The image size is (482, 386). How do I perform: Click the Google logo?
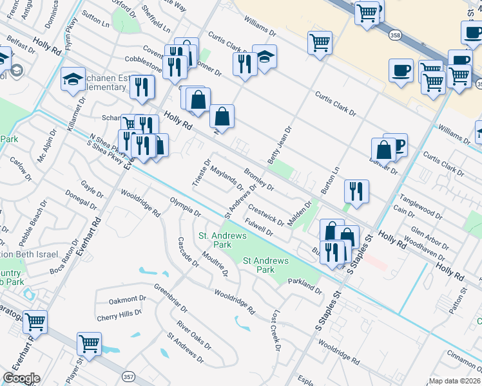[21, 378]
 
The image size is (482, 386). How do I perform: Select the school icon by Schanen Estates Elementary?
[73, 80]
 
